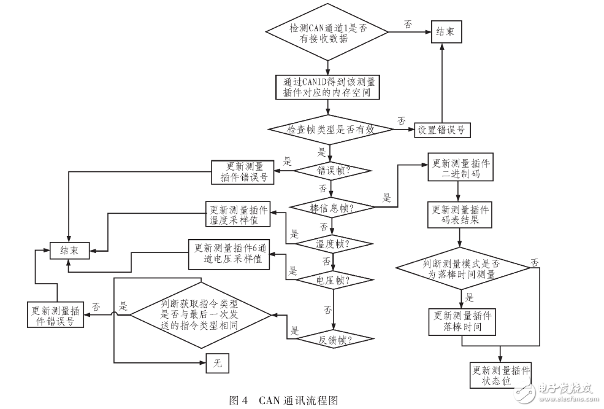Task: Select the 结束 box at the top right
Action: click(446, 32)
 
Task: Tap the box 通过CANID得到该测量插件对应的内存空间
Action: click(328, 87)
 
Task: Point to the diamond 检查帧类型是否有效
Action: click(330, 130)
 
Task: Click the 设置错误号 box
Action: click(440, 130)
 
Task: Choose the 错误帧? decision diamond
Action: click(333, 170)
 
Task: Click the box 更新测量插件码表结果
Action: click(461, 214)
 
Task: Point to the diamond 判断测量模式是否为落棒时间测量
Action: click(462, 268)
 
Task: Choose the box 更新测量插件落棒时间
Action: click(461, 321)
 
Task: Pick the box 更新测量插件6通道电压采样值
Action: click(228, 254)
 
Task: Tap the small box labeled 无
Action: click(217, 364)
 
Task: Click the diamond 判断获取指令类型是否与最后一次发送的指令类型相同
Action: click(201, 314)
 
